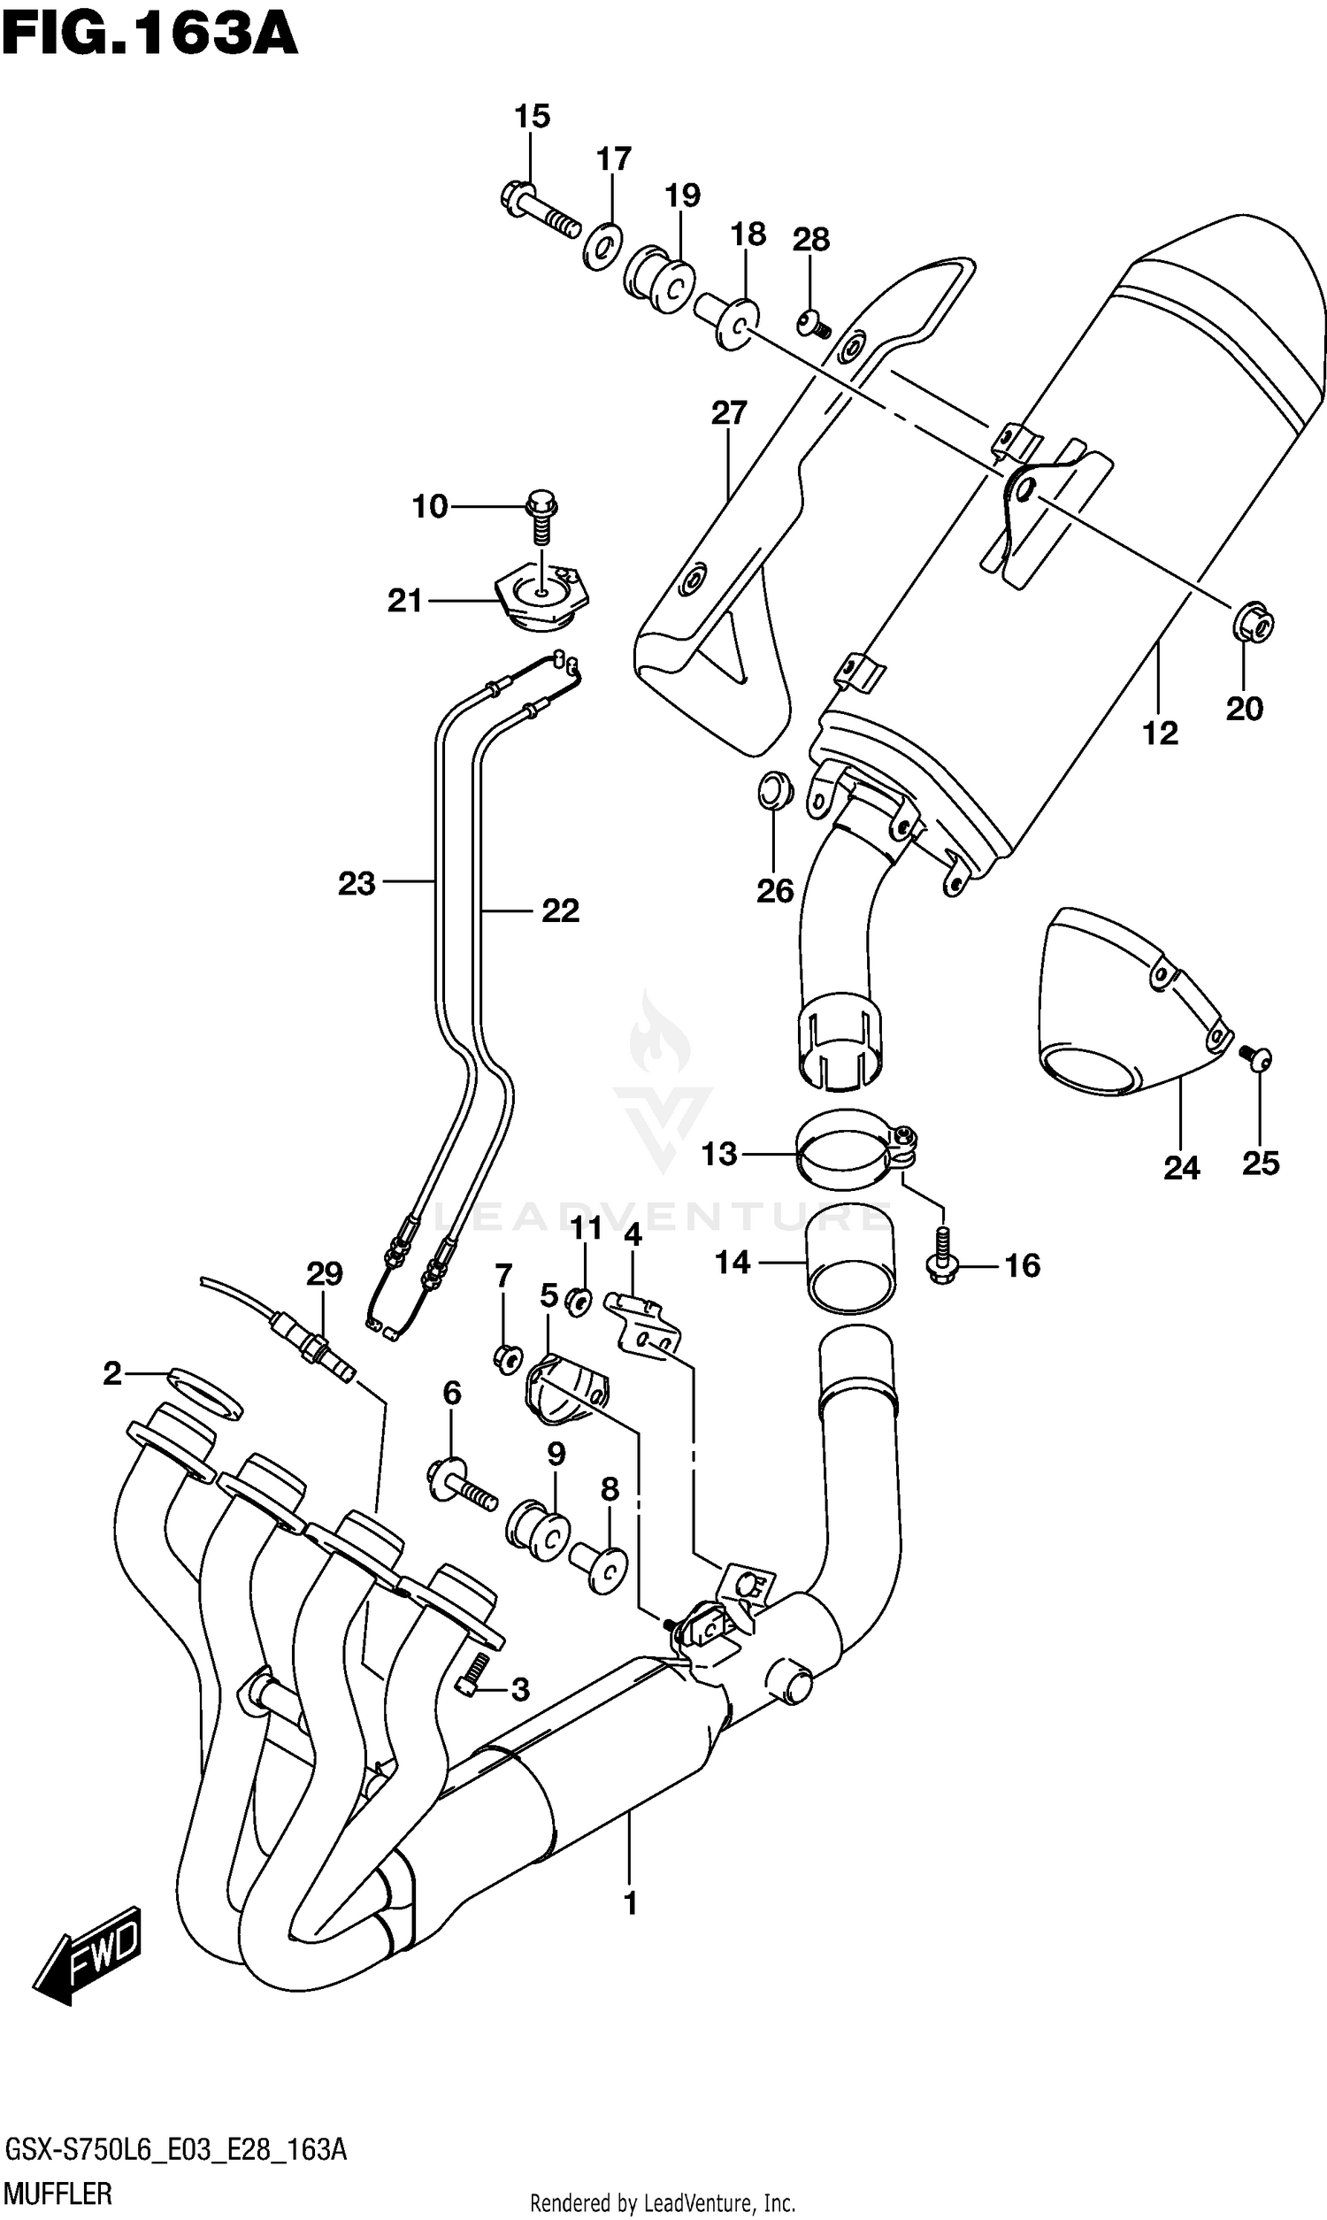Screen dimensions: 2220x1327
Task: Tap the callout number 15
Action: tap(531, 116)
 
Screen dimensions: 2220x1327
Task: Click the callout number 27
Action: tap(729, 413)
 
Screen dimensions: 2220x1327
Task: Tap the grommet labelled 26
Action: tap(773, 789)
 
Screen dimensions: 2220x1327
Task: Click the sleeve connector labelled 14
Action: tap(850, 1260)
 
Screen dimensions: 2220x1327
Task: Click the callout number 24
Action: tap(1180, 1167)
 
